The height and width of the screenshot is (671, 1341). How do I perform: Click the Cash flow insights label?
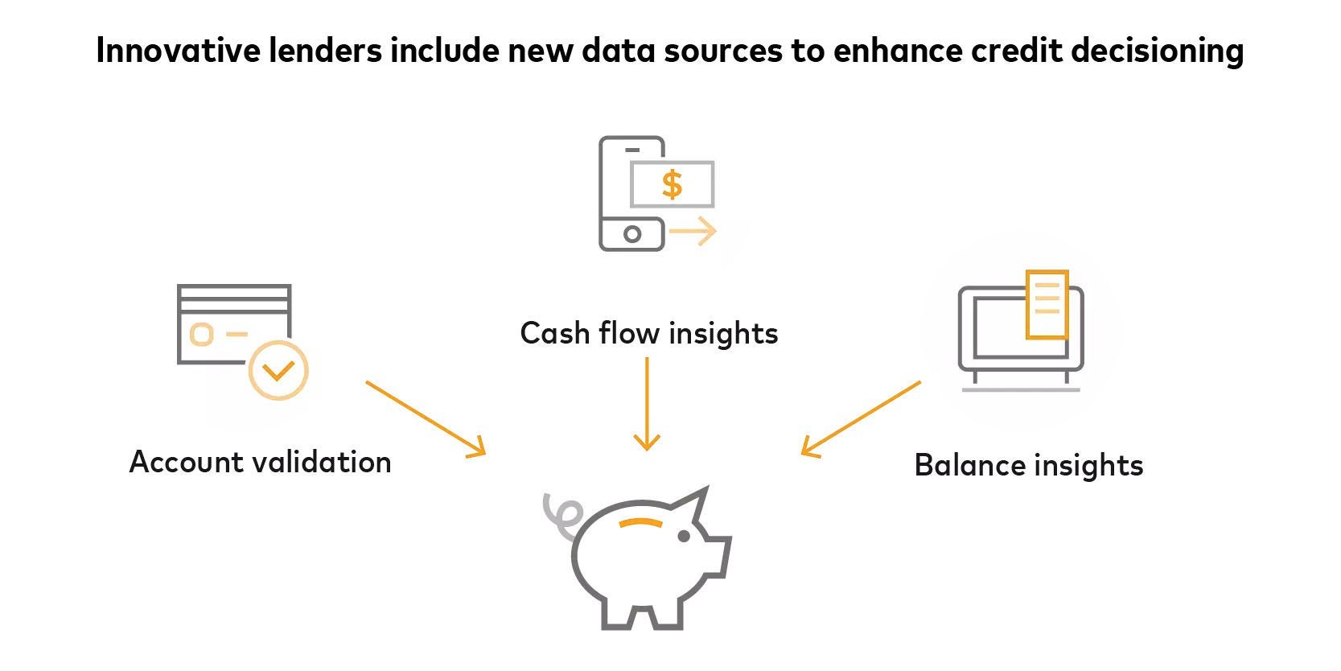coord(648,333)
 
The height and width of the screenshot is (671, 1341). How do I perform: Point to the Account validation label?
coord(260,462)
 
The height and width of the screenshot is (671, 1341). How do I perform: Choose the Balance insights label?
coord(1028,465)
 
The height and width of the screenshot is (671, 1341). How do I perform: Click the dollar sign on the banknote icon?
coord(673,184)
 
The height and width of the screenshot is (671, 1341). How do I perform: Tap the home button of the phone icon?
coord(632,234)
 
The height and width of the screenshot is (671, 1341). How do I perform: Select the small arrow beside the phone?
coord(693,233)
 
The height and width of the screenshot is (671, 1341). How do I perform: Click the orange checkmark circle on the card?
coord(278,371)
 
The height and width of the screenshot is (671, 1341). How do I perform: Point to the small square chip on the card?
coord(201,334)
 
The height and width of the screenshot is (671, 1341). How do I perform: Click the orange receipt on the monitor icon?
coord(1047,304)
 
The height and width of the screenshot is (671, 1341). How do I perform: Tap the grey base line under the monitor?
coord(1020,390)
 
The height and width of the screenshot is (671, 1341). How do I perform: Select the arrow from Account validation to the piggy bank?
coord(426,419)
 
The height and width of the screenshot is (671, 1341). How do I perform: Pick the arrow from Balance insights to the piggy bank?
coord(860,418)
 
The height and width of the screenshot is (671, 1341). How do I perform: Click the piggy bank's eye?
coord(683,535)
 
